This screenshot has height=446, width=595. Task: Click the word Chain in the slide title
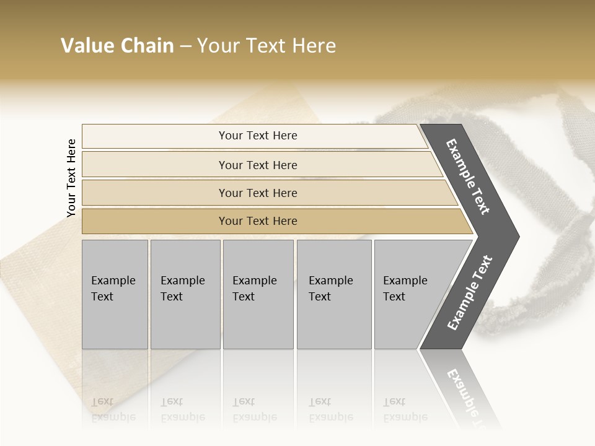147,46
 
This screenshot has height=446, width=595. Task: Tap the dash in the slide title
185,46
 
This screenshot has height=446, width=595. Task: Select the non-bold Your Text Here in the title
267,46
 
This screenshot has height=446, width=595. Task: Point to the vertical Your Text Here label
71,178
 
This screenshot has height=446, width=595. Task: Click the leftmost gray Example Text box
115,294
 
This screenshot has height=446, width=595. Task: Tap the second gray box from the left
185,294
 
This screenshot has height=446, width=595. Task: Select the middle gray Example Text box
258,294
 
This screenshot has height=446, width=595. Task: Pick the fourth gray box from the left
333,294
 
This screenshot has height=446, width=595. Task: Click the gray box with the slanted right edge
409,294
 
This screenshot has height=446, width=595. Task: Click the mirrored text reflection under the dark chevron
468,393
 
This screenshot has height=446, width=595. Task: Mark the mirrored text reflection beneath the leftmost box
113,409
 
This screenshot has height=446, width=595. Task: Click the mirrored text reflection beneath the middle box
254,409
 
